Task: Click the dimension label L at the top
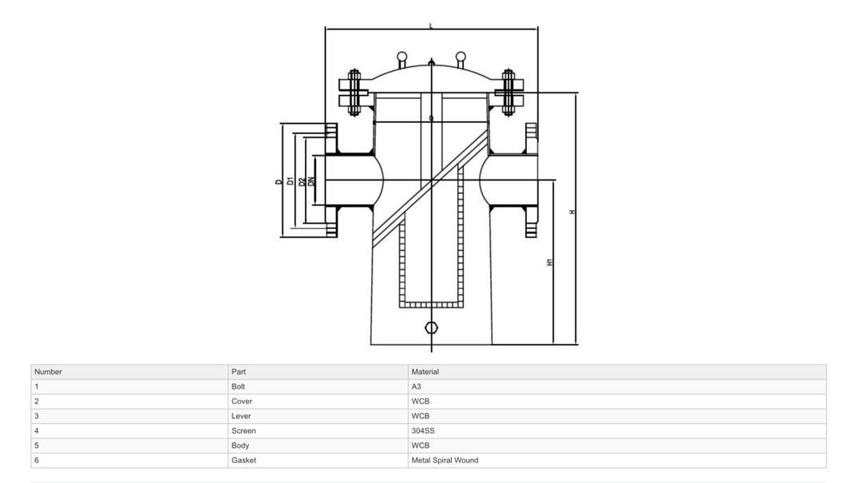pos(431,26)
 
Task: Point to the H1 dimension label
pos(550,263)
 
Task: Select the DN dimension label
pos(311,182)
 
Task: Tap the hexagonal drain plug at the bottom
pos(431,327)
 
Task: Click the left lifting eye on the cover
pos(402,57)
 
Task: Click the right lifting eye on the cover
pos(461,57)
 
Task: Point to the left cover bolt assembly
pos(354,92)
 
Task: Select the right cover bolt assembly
pos(508,92)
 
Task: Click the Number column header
pos(48,372)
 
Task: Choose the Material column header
pos(425,372)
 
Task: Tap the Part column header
pos(238,372)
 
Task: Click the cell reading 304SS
pos(423,431)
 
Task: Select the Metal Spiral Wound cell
pos(445,461)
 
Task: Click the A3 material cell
pos(417,386)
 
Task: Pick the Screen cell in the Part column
pos(243,431)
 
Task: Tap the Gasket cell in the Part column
pos(243,461)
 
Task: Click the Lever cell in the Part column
pos(241,416)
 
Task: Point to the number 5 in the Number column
pos(37,445)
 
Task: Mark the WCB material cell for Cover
pos(420,402)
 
